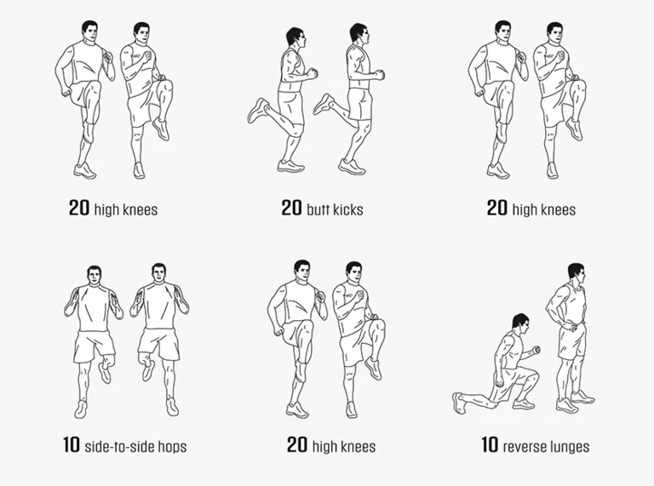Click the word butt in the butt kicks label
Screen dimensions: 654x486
[x=318, y=209]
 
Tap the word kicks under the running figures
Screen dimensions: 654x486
[x=348, y=209]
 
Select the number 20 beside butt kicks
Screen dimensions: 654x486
[x=291, y=208]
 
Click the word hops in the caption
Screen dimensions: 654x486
[x=172, y=447]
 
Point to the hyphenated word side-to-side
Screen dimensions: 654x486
[x=120, y=446]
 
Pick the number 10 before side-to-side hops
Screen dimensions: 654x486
[x=72, y=445]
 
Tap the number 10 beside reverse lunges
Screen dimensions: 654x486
[x=490, y=445]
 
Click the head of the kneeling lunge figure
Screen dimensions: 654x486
[x=520, y=324]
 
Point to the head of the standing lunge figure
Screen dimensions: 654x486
[x=577, y=273]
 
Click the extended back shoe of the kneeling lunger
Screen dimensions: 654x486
[x=458, y=403]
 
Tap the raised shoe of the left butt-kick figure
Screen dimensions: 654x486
[x=258, y=110]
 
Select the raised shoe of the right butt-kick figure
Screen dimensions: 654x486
[x=324, y=104]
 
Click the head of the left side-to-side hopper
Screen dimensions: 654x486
[x=95, y=276]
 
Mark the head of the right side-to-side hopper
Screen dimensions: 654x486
[x=158, y=274]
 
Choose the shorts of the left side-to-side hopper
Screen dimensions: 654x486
[x=95, y=346]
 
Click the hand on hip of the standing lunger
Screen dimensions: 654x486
[x=573, y=325]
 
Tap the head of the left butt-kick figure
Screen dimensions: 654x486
[x=296, y=39]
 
